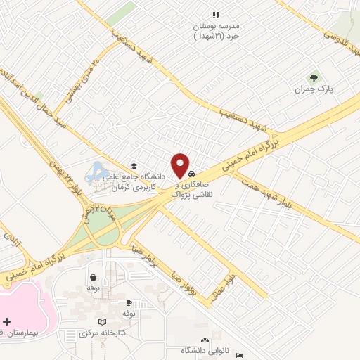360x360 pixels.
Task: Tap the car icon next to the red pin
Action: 191,174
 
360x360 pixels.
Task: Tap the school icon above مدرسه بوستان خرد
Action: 216,15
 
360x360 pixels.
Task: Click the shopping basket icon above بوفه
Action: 93,276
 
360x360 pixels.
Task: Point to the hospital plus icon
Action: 6,320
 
